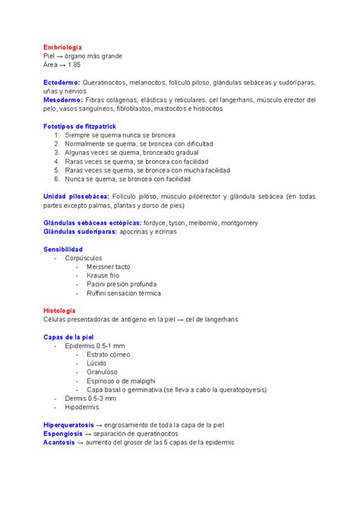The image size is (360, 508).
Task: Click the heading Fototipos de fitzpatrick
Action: [80, 126]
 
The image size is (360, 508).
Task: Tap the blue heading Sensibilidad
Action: [63, 249]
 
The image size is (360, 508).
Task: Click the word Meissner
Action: [99, 267]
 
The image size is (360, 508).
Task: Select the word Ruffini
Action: [97, 293]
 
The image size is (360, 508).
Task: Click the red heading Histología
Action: [60, 311]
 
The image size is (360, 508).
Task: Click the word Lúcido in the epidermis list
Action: [97, 364]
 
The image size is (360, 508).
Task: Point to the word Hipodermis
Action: [82, 407]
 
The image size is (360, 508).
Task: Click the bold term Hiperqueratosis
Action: [68, 424]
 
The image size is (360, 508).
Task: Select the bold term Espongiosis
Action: [65, 434]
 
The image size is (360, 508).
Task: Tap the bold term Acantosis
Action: [60, 442]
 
